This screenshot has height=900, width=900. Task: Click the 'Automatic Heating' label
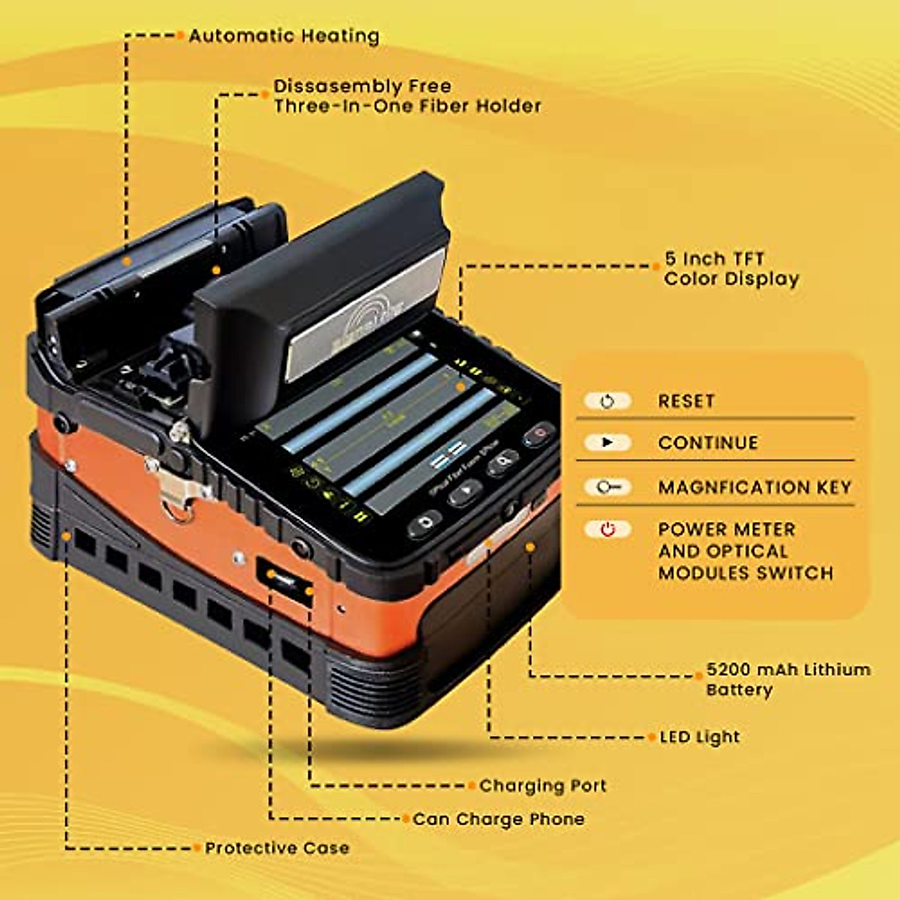pos(283,36)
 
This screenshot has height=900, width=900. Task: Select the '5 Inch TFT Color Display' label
pos(731,269)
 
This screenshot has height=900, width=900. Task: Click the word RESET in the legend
pos(686,401)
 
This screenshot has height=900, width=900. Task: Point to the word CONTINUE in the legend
pos(708,443)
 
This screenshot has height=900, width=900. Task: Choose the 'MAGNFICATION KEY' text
pos(754,487)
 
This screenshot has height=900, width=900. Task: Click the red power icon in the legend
pos(607,529)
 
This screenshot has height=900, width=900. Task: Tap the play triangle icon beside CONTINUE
pos(607,442)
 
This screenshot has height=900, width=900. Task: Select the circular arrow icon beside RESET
pos(607,401)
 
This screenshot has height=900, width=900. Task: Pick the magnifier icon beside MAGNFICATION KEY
pos(607,487)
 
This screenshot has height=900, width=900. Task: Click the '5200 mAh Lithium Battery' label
pos(787,679)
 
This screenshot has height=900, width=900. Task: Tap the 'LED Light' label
pos(699,737)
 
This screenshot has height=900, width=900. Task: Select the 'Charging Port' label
pos(542,786)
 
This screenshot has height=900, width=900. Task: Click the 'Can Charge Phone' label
pos(498,819)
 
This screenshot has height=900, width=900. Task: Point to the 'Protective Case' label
pos(277,848)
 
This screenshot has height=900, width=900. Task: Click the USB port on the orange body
pos(285,580)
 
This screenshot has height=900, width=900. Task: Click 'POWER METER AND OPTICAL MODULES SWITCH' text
pos(745,551)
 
